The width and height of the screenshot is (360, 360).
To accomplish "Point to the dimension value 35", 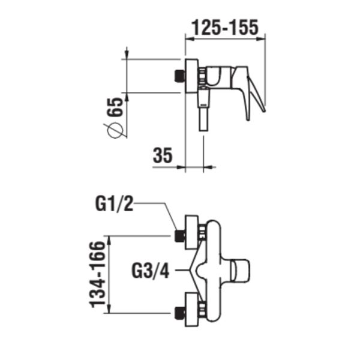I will pyautogui.click(x=163, y=155).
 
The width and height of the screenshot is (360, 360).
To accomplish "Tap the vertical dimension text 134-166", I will pyautogui.click(x=99, y=274).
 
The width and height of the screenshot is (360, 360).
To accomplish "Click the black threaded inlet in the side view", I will pyautogui.click(x=178, y=76).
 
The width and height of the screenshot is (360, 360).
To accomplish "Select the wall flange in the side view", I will pyautogui.click(x=191, y=76).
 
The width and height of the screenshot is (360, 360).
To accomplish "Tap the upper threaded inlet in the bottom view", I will pyautogui.click(x=178, y=235).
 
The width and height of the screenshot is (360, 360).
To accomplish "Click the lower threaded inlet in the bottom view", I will pyautogui.click(x=178, y=313).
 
